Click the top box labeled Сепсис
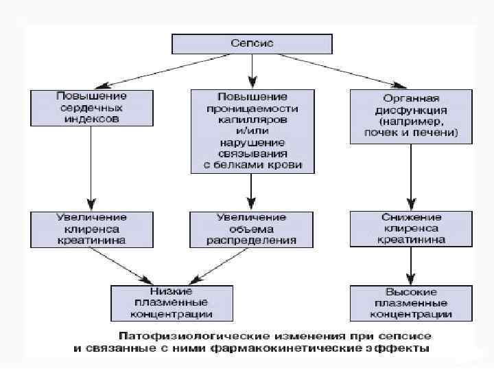251,44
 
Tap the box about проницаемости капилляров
252,131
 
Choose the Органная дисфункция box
411,115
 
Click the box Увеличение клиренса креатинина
91,229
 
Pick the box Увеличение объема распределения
252,229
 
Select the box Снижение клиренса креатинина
411,229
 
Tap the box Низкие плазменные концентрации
171,302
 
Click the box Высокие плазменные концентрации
411,302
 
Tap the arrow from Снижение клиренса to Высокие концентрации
411,265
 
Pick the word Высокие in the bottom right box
411,291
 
